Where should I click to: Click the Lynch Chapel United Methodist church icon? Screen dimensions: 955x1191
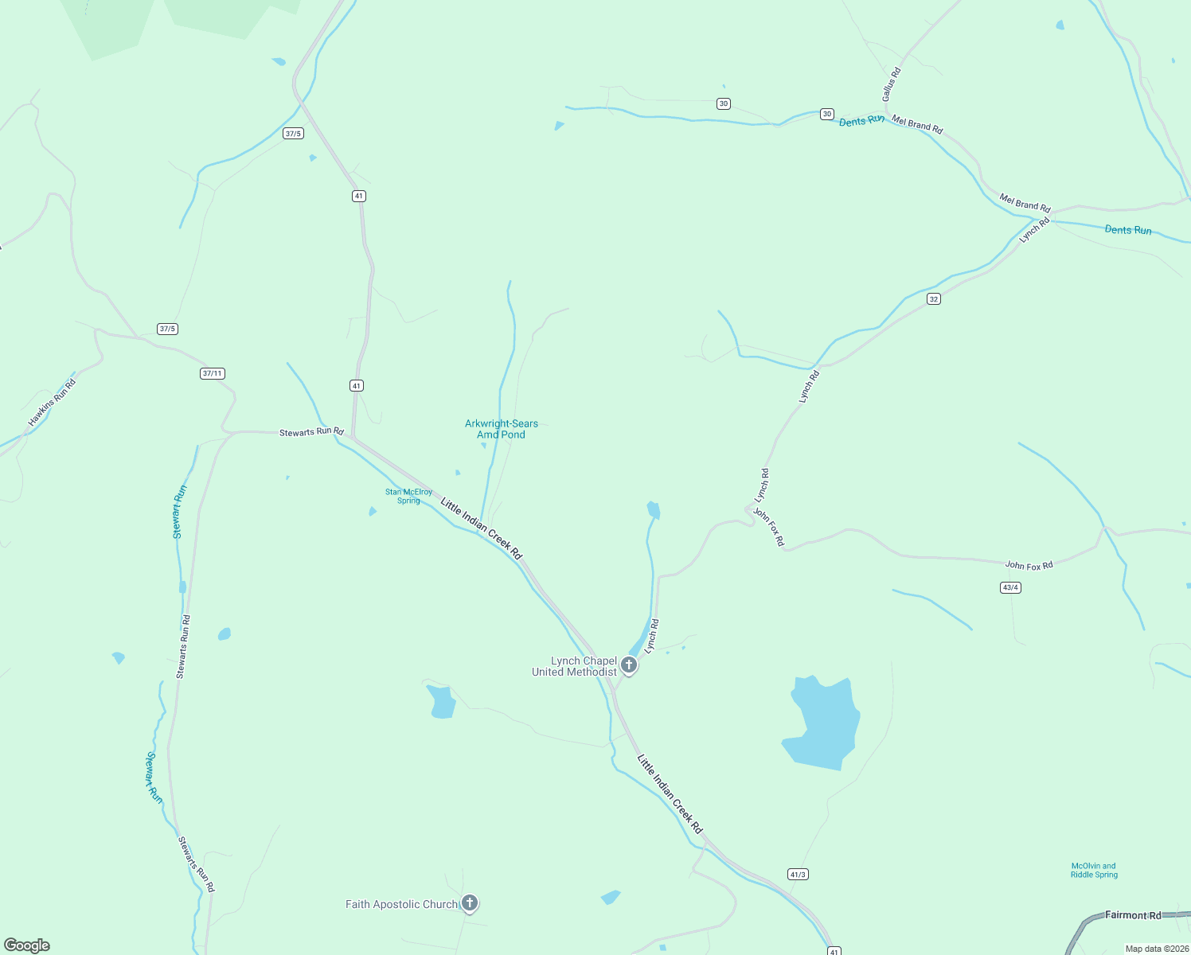point(629,665)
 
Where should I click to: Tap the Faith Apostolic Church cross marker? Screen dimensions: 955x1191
point(470,902)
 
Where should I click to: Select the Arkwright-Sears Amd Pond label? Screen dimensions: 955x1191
point(502,429)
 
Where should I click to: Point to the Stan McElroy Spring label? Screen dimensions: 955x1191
point(408,496)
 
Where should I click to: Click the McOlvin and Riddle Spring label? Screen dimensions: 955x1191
point(1094,870)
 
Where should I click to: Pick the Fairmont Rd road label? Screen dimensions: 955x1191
point(1133,915)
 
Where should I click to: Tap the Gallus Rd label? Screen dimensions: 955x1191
point(891,84)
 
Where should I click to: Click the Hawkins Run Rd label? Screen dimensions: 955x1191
point(52,403)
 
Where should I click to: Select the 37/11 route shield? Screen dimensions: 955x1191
point(213,373)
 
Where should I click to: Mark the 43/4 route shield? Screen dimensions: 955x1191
point(1010,587)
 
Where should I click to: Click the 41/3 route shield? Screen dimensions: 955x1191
point(798,874)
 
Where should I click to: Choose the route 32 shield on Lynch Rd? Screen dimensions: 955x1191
point(934,298)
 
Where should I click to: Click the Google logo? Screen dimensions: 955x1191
point(27,945)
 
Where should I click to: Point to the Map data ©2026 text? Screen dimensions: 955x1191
point(1157,949)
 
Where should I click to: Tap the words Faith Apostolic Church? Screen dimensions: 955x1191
point(401,904)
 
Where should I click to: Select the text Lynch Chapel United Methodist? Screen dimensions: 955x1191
point(574,666)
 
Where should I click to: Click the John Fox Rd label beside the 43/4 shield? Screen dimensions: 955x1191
point(1029,566)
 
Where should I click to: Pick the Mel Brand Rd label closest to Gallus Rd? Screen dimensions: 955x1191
point(917,124)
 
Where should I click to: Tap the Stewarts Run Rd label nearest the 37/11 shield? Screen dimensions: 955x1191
point(311,431)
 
